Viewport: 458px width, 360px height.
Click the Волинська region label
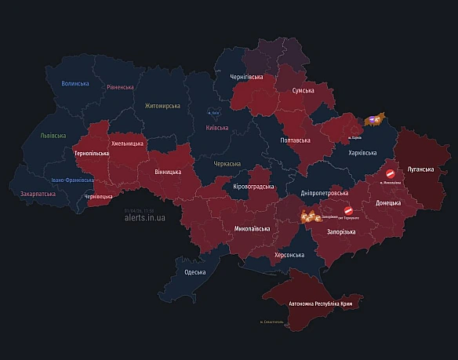point(75,83)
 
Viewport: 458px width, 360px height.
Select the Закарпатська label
point(38,192)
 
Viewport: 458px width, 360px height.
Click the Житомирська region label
point(162,105)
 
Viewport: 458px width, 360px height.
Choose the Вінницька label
point(167,171)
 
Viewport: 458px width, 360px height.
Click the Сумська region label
point(303,91)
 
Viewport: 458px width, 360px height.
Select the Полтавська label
point(295,140)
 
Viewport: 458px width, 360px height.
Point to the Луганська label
point(424,168)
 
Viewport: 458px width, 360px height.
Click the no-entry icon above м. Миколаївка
point(390,173)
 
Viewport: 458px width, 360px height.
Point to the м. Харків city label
point(360,138)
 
